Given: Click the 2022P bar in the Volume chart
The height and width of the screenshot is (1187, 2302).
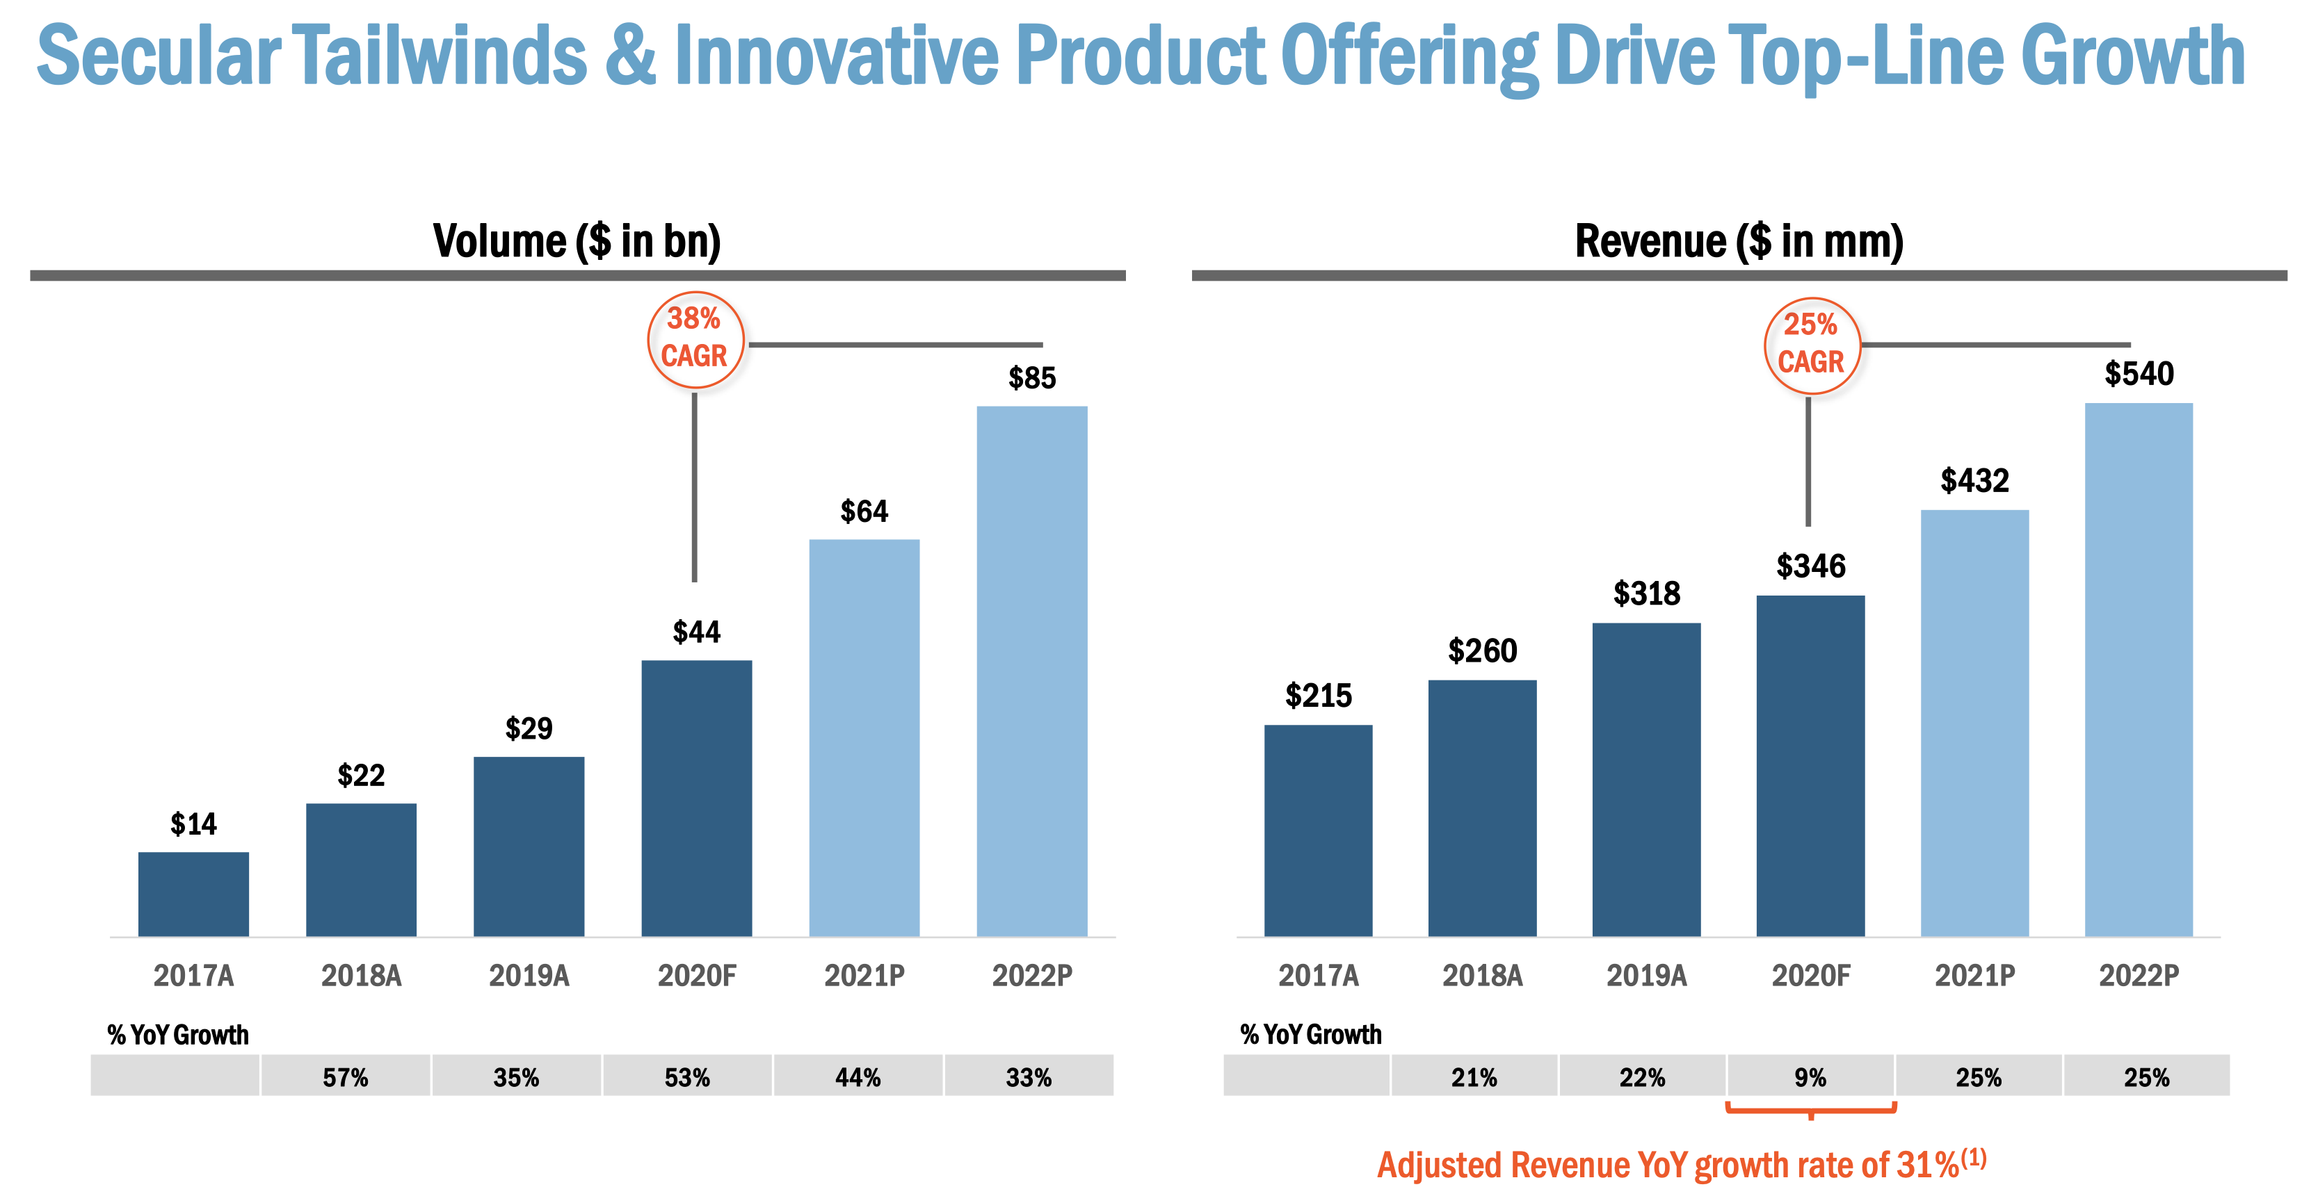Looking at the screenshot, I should pos(1031,670).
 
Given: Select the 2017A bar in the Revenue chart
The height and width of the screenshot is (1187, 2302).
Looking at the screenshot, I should pos(1318,830).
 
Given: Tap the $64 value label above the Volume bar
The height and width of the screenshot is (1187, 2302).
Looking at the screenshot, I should pos(864,511).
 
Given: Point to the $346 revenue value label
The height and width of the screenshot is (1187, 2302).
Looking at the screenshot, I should pos(1810,566).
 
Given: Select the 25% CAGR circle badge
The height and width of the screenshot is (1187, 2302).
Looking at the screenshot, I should pos(1812,345).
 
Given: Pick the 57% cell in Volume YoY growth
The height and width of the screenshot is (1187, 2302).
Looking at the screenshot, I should pos(345,1077).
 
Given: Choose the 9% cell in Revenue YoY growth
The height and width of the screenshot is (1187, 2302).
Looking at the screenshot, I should pos(1810,1077).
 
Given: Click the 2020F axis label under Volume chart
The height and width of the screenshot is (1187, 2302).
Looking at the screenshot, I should pos(697,975).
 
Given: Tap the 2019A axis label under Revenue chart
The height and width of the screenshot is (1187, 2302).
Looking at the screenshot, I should pos(1646,975).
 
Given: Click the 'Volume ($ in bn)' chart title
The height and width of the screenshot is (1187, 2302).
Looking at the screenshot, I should pos(577,241).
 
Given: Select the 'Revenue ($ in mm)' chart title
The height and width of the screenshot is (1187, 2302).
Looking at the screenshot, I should pos(1739,241).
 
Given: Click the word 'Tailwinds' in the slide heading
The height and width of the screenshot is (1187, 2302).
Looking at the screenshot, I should pos(440,56).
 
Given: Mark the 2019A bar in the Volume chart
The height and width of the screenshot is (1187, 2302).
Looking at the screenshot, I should pos(529,846).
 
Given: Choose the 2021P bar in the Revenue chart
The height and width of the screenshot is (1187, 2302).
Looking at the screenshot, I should pos(1975,723).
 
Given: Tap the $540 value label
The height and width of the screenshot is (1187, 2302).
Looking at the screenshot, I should pos(2139,373).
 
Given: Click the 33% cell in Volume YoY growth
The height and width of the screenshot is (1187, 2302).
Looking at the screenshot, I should pos(1029,1077).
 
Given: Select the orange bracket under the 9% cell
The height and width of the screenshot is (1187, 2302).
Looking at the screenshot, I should pos(1810,1110).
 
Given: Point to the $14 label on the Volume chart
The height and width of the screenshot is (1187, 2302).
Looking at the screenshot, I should pos(193,824).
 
